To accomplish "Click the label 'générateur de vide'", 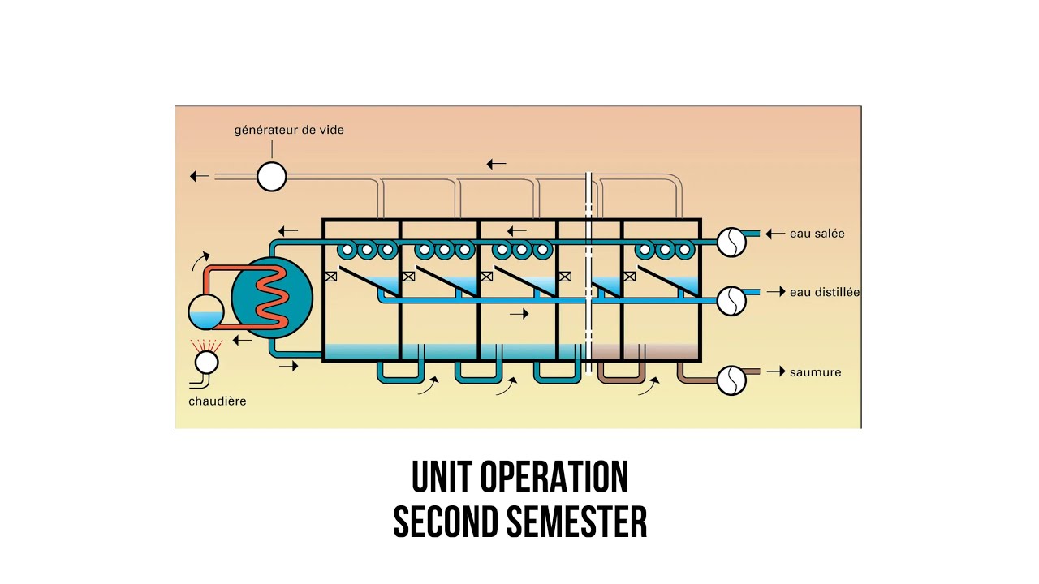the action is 288,131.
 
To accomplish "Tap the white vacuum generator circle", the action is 272,177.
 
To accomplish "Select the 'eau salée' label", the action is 817,234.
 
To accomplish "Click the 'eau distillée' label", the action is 824,292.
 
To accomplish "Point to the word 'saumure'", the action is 815,372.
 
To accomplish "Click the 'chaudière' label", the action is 217,401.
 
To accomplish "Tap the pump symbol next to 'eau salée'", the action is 731,242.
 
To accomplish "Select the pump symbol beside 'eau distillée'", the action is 731,301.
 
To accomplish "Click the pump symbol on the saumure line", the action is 731,380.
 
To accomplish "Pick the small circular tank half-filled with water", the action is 206,312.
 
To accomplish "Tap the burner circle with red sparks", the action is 207,363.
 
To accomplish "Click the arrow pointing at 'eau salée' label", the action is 775,234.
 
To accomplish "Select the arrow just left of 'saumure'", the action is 776,371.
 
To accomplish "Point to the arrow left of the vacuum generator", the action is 200,176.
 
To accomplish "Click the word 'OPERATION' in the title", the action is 554,477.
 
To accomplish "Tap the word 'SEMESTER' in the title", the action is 576,522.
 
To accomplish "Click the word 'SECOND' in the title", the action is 446,522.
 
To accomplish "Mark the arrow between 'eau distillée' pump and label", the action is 776,291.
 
